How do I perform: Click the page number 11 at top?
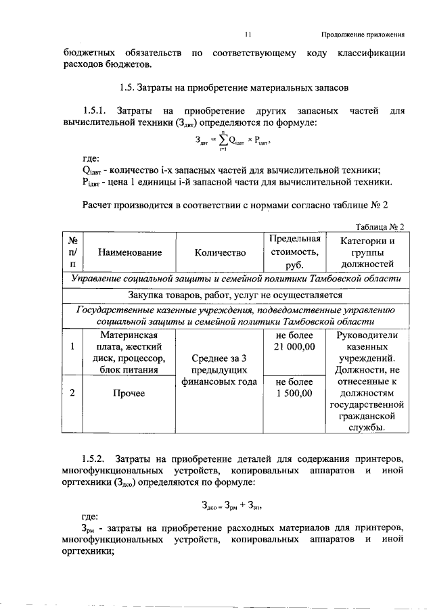(x=248, y=34)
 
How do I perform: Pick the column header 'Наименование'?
(x=130, y=252)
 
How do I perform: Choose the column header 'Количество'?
(x=219, y=252)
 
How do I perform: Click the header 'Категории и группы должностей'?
(x=367, y=252)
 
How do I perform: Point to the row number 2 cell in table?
(x=72, y=394)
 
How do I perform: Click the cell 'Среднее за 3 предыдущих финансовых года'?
(x=219, y=370)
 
